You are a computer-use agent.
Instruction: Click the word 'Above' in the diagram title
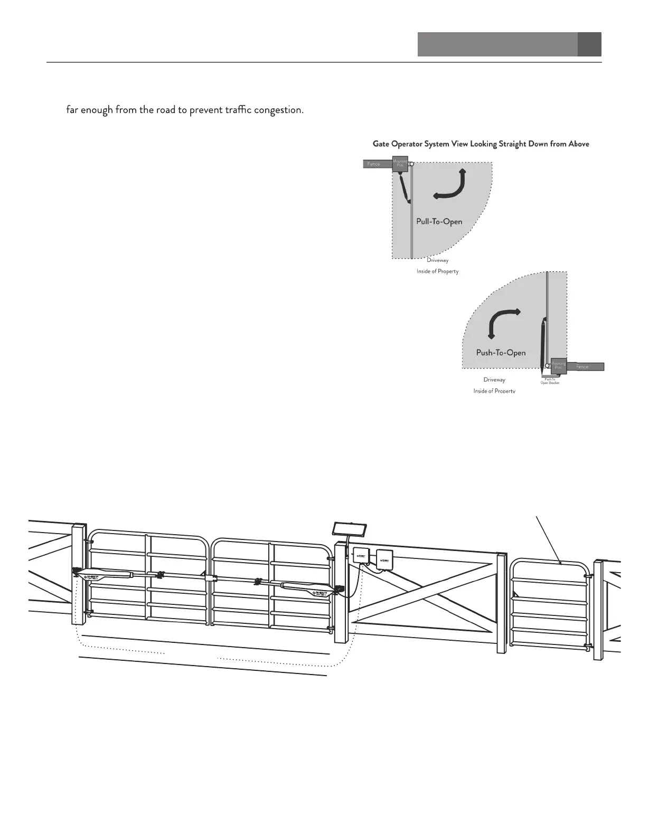577,144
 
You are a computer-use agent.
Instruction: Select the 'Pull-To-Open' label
439,221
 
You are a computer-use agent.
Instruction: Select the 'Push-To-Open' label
501,352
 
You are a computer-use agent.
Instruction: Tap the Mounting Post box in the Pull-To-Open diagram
400,165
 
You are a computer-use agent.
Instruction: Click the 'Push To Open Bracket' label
550,381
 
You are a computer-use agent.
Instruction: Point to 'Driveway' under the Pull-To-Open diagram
437,260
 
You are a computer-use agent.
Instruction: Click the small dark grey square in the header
589,44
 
